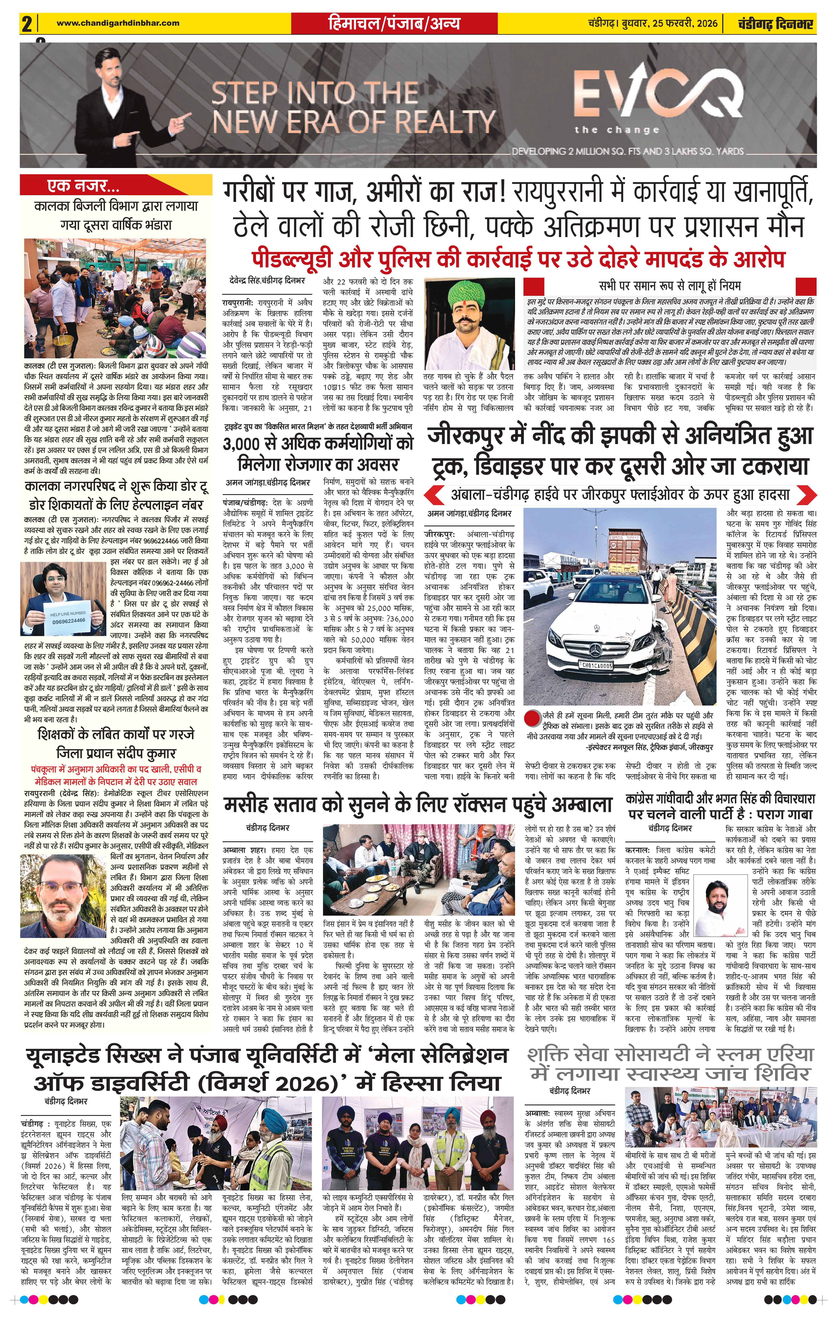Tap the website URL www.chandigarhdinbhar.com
[x=118, y=23]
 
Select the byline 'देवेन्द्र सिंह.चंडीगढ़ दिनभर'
[x=267, y=280]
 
